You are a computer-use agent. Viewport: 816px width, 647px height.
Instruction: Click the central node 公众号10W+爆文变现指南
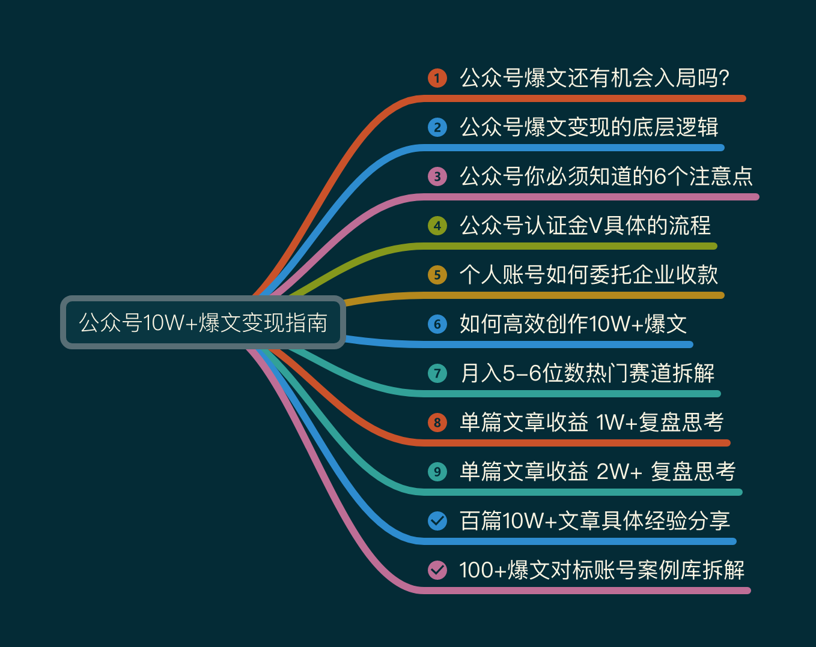(203, 322)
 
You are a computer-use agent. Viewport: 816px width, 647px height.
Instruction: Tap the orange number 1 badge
(437, 78)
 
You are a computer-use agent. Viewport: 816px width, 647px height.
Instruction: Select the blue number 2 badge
(437, 127)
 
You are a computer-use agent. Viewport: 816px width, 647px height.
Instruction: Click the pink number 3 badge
(437, 176)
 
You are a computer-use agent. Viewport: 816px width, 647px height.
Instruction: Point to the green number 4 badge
(437, 226)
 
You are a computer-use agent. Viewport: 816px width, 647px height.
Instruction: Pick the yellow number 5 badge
(437, 275)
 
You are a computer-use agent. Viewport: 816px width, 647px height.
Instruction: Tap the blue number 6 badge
(437, 324)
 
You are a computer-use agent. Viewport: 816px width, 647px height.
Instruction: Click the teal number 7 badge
(437, 373)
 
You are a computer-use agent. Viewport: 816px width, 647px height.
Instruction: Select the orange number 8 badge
(437, 423)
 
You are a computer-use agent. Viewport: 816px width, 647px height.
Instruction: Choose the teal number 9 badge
(437, 472)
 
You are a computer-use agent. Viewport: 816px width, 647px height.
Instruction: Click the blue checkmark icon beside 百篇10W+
(437, 521)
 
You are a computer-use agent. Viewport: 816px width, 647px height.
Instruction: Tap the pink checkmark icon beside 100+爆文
(437, 570)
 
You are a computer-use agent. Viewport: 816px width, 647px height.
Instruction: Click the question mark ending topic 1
(723, 78)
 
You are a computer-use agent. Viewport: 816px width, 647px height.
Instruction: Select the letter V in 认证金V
(595, 226)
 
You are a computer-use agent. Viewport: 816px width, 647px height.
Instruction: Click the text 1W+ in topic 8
(617, 423)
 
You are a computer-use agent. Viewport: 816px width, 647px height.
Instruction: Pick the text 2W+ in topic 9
(620, 472)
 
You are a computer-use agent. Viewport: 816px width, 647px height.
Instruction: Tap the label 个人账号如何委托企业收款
(589, 275)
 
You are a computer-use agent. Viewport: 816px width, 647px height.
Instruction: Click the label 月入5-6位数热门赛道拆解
(587, 373)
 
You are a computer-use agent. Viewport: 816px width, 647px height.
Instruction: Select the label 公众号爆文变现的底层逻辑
(589, 127)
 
